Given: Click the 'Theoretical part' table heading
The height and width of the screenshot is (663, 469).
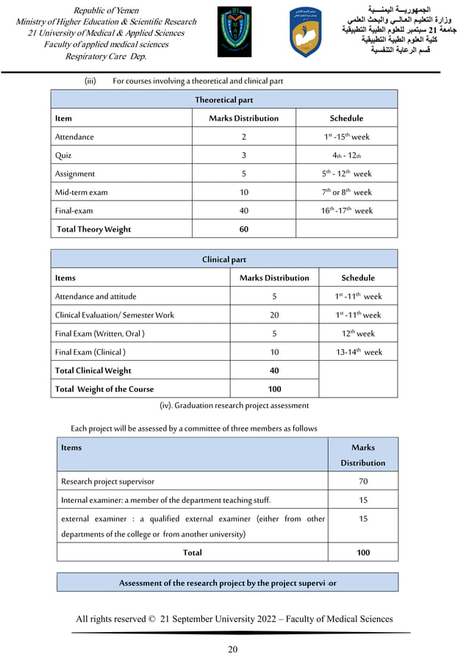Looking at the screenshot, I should click(x=223, y=99).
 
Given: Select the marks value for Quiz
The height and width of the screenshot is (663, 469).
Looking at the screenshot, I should click(x=243, y=155).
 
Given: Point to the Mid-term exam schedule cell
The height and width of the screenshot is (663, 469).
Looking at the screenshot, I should click(x=347, y=192).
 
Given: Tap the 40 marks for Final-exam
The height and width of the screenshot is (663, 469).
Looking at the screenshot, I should click(x=243, y=210).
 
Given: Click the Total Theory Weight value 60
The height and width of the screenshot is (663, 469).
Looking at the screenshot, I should click(x=243, y=229).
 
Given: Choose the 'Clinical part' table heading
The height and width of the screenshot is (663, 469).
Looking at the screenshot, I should click(x=223, y=259).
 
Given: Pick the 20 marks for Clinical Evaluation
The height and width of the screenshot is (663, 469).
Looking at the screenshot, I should click(x=274, y=315).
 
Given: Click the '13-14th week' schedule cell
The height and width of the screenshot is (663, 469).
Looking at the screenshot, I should click(x=358, y=352).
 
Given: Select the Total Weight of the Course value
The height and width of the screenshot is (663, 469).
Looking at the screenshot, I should click(x=274, y=389).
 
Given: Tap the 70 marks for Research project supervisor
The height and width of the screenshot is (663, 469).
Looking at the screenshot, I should click(x=362, y=481).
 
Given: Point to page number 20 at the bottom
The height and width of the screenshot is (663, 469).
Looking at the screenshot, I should click(x=233, y=648).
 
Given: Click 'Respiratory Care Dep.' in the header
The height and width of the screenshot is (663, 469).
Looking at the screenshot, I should click(x=106, y=57).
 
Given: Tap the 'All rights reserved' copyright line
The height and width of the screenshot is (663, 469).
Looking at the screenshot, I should click(x=234, y=619).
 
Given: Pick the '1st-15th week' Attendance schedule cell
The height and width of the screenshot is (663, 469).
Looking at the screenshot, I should click(x=347, y=137).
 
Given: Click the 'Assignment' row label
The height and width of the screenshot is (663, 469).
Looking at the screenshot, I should click(x=75, y=174).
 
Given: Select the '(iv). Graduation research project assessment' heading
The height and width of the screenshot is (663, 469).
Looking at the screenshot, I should click(x=234, y=405).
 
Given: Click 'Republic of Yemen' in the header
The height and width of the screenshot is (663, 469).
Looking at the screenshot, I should click(x=106, y=10).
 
